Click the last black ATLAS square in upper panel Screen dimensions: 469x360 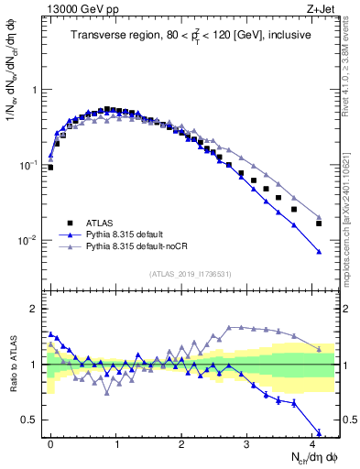tap(319, 224)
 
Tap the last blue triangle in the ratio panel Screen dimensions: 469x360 tap(319, 432)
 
